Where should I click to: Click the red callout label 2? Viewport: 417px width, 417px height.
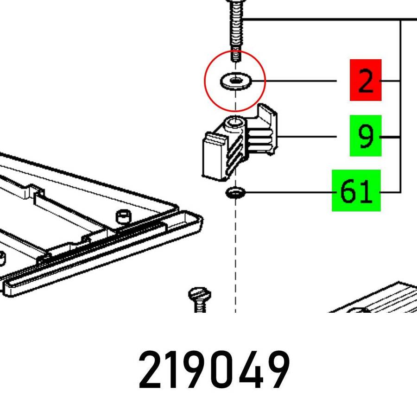pyautogui.click(x=366, y=80)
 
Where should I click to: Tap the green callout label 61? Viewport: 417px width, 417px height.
pyautogui.click(x=356, y=190)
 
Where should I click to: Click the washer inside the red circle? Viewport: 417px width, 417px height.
pyautogui.click(x=235, y=82)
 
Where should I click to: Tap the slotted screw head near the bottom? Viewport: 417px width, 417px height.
pyautogui.click(x=199, y=295)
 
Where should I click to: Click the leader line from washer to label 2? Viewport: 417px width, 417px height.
pyautogui.click(x=301, y=81)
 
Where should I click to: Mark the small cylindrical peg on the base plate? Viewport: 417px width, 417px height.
pyautogui.click(x=123, y=215)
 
